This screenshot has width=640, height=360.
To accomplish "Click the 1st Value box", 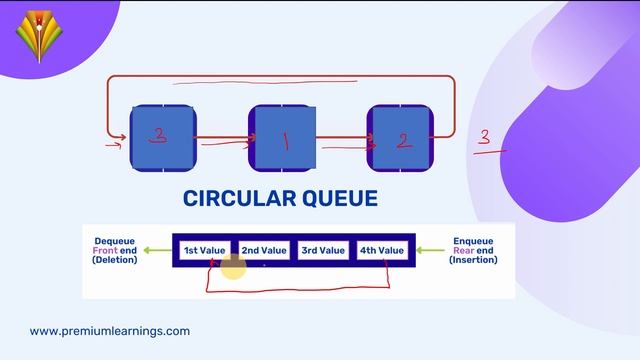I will (205, 250).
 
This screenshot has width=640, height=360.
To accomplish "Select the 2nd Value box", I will (264, 250).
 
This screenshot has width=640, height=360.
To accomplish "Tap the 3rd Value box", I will (323, 250).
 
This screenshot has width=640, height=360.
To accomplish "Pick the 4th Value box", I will (382, 250).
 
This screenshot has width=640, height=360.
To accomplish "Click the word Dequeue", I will (114, 240).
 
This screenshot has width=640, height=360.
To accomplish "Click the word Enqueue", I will (473, 240).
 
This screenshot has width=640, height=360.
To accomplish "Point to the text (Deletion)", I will (114, 260).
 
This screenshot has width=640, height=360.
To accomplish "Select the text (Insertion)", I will (473, 260).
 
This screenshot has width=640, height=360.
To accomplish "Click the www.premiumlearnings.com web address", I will (110, 331).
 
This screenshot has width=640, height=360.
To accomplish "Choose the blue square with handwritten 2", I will (401, 139).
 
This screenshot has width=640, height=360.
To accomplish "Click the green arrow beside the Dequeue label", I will (156, 250).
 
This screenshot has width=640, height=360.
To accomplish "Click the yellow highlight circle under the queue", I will (233, 267).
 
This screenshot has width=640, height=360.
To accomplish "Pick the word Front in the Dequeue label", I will (105, 250).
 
